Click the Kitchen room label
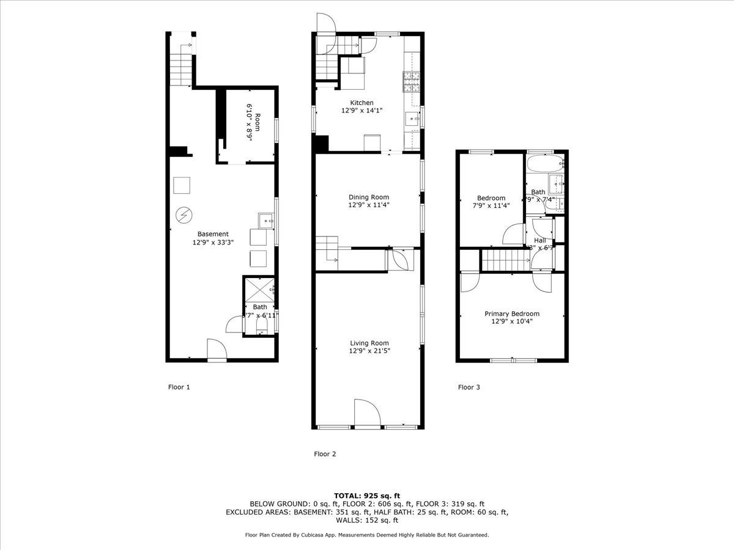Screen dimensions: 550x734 point(361,103)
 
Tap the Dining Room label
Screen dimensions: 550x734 point(368,197)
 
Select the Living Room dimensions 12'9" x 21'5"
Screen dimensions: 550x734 point(369,351)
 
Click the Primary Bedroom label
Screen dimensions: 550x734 point(512,313)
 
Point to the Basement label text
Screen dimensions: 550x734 point(213,234)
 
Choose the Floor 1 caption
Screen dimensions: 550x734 point(179,387)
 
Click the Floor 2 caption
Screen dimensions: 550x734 point(325,454)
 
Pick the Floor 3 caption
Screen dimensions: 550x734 point(469,387)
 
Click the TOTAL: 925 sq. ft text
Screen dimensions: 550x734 point(367,496)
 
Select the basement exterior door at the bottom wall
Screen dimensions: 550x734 point(216,351)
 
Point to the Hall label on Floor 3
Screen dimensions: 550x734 point(540,241)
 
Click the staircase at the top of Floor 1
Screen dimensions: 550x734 point(181,69)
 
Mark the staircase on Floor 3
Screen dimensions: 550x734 point(505,260)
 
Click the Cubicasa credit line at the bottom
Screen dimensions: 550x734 point(367,535)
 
